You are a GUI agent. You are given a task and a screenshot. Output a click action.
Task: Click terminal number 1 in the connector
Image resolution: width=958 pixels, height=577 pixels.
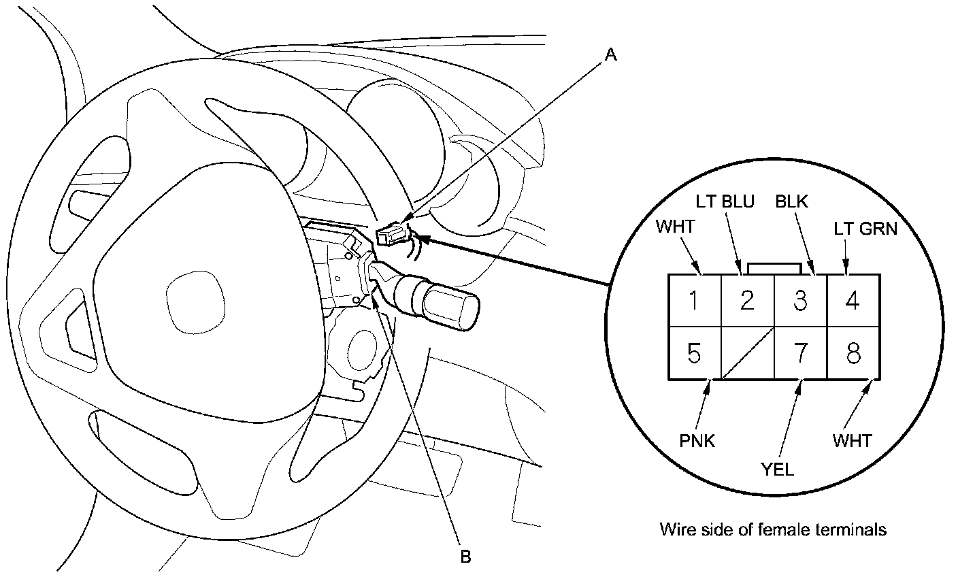694,300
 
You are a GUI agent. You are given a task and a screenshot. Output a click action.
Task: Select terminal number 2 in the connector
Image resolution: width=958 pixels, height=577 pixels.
747,300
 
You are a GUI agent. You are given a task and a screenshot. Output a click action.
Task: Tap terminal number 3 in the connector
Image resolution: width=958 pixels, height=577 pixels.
800,300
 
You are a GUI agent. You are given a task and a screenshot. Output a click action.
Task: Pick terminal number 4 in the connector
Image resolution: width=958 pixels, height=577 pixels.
853,300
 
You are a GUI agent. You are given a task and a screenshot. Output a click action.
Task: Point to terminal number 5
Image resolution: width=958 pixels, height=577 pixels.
694,353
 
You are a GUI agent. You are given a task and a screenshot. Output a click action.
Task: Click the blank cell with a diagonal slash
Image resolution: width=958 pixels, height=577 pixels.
747,352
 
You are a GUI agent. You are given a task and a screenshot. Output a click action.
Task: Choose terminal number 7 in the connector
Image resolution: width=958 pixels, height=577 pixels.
800,353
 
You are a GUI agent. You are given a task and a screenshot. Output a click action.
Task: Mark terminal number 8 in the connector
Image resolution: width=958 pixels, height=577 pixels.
853,353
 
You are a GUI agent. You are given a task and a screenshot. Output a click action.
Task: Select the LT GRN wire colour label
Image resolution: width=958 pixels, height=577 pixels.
865,229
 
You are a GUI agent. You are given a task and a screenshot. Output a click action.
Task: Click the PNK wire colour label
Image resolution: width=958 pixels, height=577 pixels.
698,441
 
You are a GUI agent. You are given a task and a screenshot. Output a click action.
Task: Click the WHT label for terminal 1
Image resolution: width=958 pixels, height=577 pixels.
675,227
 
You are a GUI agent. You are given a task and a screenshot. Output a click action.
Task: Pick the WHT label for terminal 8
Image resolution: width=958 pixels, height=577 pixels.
852,441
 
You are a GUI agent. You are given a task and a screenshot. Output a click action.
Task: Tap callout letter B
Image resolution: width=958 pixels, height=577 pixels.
465,557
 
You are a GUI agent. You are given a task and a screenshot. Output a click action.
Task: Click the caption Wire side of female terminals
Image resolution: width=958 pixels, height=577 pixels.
773,529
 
